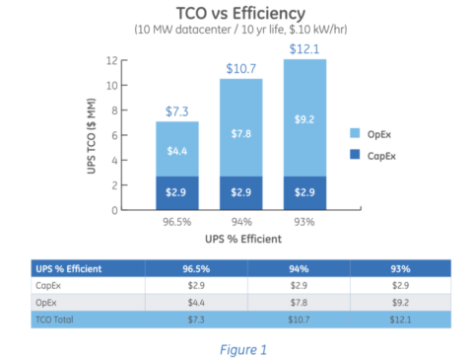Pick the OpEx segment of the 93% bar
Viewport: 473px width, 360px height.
(304, 118)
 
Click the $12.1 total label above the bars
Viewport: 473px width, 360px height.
(304, 48)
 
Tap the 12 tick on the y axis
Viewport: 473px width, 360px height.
(140, 60)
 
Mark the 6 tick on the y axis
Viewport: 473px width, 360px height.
(142, 135)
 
